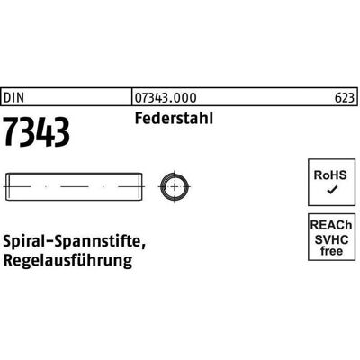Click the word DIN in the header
[x=13, y=98]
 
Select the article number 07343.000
[x=166, y=98]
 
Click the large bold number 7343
[x=37, y=132]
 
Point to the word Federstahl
[x=174, y=118]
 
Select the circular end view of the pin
[x=175, y=187]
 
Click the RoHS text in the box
[x=330, y=175]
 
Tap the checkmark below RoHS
[x=332, y=190]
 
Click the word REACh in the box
[x=331, y=225]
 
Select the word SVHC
[x=331, y=239]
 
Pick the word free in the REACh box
[x=331, y=251]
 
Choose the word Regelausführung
[x=67, y=260]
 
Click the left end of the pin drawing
[x=6, y=186]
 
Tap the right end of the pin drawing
[x=142, y=186]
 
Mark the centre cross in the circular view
[x=175, y=187]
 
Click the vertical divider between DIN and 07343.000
[x=132, y=96]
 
